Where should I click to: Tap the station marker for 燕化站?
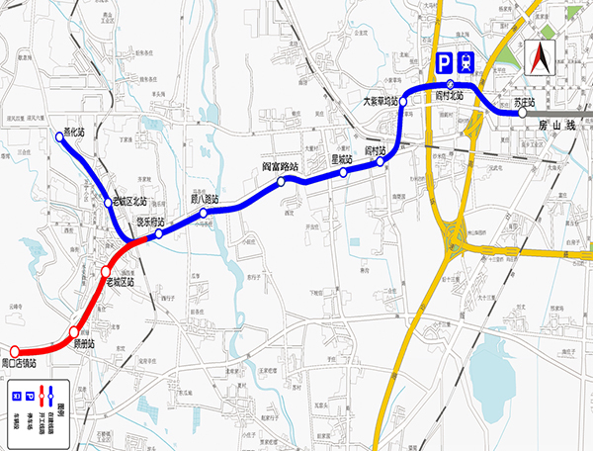pyautogui.click(x=60, y=138)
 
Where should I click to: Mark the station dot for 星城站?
pyautogui.click(x=343, y=172)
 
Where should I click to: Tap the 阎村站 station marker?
pyautogui.click(x=381, y=162)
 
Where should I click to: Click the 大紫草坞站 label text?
pyautogui.click(x=380, y=101)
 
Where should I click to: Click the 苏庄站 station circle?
pyautogui.click(x=521, y=114)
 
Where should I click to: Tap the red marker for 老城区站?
pyautogui.click(x=106, y=271)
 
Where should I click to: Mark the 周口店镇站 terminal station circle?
pyautogui.click(x=15, y=351)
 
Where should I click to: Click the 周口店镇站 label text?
pyautogui.click(x=20, y=366)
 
